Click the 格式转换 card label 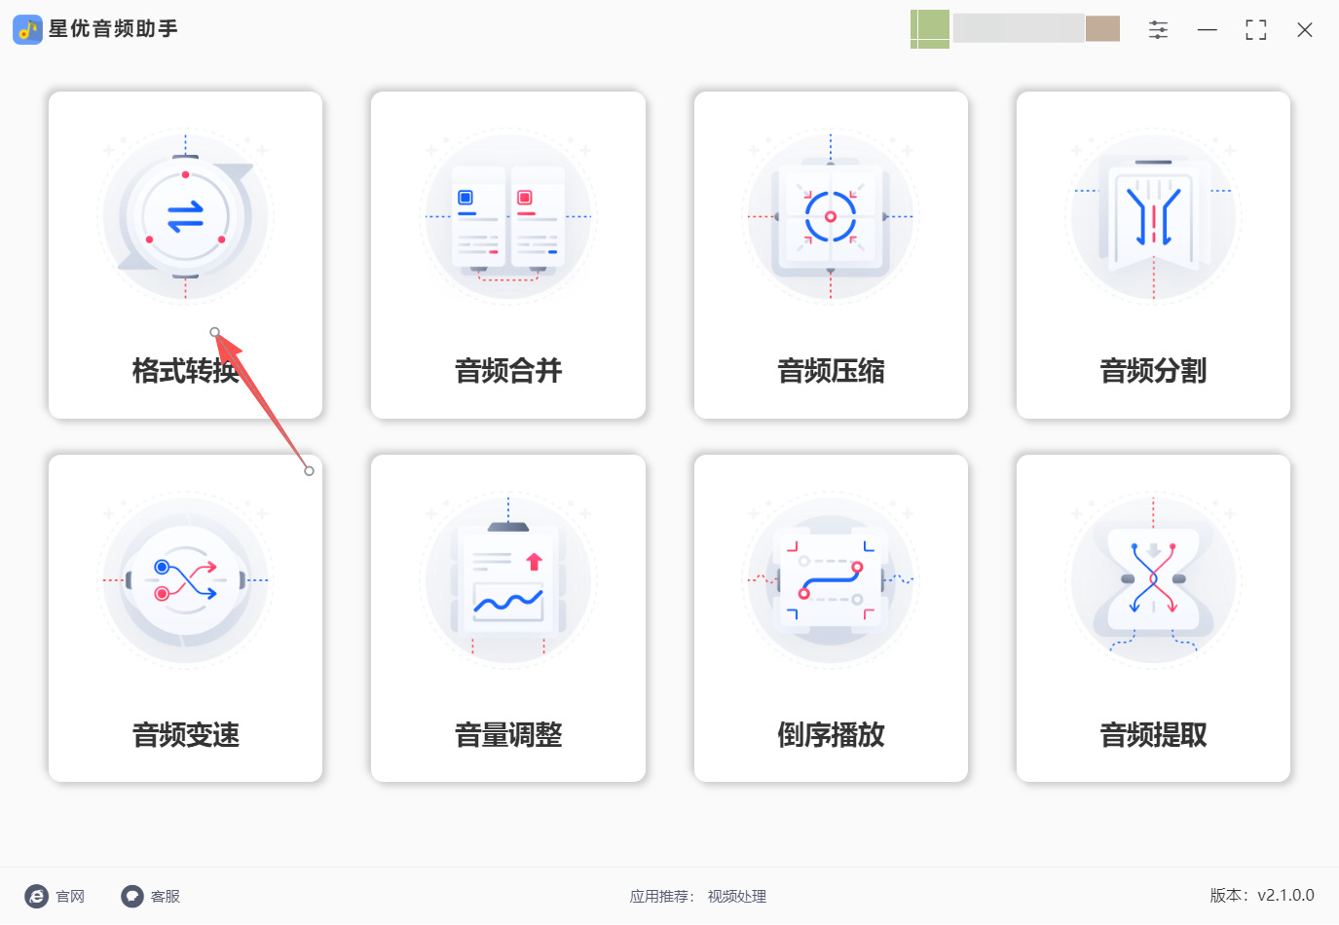point(185,370)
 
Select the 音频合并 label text point(508,370)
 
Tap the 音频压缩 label point(831,370)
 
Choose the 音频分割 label point(1153,370)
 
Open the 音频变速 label point(185,734)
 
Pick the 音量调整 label point(508,734)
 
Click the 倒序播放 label point(831,734)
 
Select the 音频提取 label point(1153,734)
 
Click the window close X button point(1304,30)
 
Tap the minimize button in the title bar point(1207,30)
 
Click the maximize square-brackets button point(1256,30)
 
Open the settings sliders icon point(1158,30)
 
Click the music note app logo point(27,29)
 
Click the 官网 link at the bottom point(70,897)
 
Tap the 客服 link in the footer point(165,897)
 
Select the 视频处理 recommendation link point(736,897)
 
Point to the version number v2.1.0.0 point(1285,895)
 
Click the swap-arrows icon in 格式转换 point(185,216)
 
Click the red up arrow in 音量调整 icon point(534,562)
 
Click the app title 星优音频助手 point(113,28)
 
